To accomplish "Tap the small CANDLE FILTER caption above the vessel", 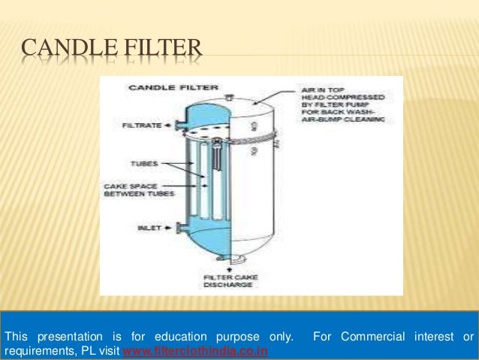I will point(157,87).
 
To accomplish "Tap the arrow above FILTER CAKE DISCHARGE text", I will point(228,269).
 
